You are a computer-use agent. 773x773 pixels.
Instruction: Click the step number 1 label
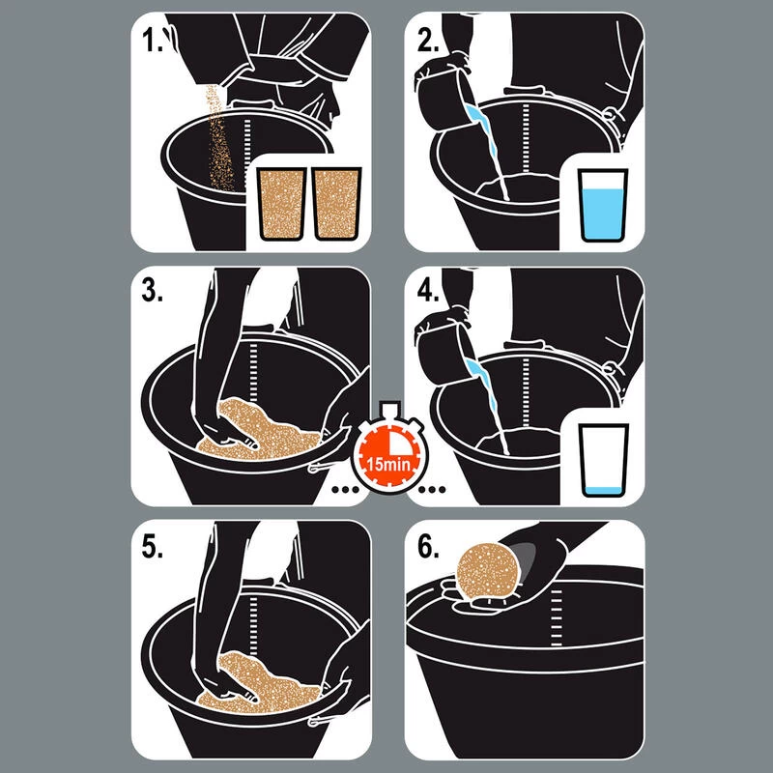(152, 40)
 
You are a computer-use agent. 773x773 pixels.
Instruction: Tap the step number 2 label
(427, 40)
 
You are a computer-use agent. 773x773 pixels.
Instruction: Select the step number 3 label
(152, 291)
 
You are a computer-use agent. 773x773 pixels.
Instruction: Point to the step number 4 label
(427, 291)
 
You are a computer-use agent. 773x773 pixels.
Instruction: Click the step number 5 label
(152, 546)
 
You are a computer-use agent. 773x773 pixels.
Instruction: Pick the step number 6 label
(427, 546)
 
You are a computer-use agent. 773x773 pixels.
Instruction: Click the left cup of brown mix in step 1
(282, 204)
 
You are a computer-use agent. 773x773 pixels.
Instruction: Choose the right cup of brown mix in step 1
(337, 204)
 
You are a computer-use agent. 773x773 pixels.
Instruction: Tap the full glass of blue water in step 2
(603, 206)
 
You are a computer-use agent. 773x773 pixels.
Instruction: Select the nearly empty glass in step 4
(603, 461)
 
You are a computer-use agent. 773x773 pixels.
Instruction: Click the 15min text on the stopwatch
(388, 465)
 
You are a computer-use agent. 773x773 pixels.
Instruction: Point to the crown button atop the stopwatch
(389, 408)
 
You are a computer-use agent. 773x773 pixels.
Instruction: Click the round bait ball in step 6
(488, 571)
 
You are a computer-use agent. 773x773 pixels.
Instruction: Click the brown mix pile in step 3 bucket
(260, 430)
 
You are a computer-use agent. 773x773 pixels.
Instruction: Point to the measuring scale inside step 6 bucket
(557, 617)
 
